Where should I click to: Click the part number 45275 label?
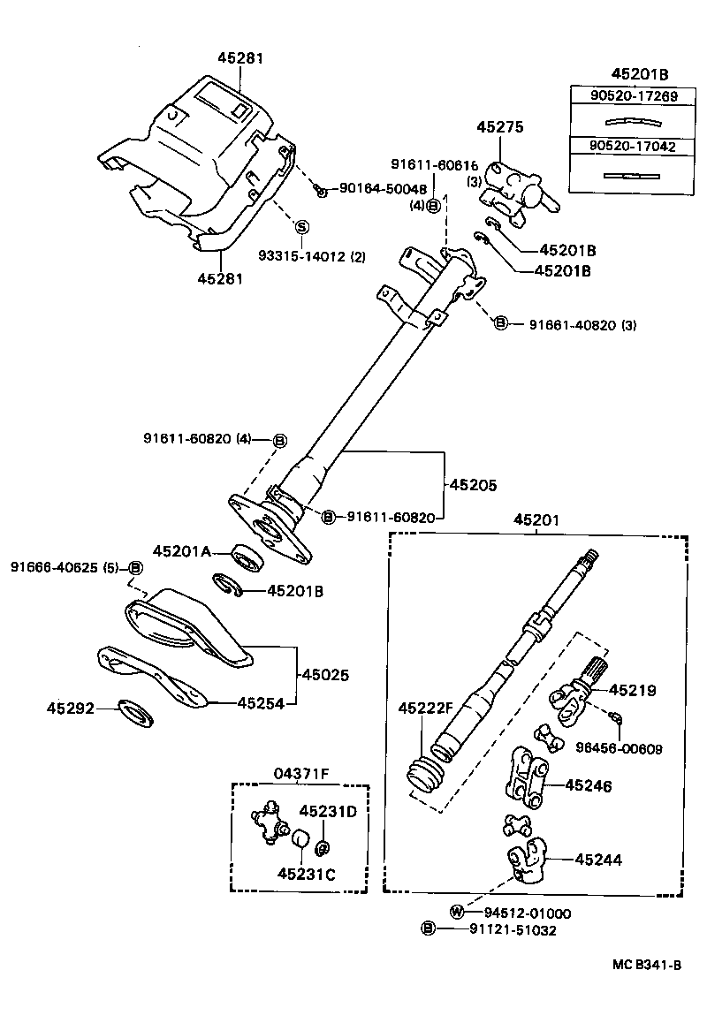pyautogui.click(x=500, y=127)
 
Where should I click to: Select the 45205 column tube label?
pyautogui.click(x=473, y=485)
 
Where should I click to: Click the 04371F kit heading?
pyautogui.click(x=300, y=775)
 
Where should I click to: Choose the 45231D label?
pyautogui.click(x=327, y=811)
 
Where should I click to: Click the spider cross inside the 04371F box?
pyautogui.click(x=269, y=822)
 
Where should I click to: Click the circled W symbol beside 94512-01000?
pyautogui.click(x=457, y=913)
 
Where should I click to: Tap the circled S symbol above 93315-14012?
pyautogui.click(x=300, y=226)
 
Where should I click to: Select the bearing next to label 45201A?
pyautogui.click(x=247, y=557)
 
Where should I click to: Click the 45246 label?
pyautogui.click(x=588, y=784)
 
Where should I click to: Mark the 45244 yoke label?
pyautogui.click(x=598, y=858)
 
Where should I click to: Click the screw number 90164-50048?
pyautogui.click(x=383, y=188)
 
